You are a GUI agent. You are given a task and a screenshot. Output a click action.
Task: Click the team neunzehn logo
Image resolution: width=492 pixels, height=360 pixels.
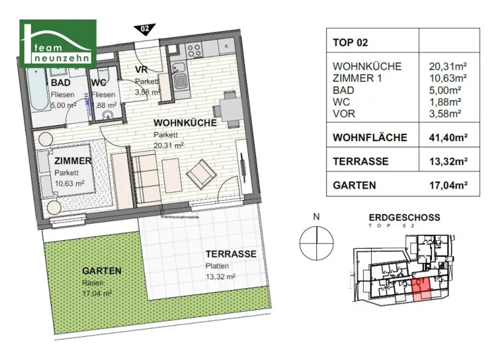(58, 43)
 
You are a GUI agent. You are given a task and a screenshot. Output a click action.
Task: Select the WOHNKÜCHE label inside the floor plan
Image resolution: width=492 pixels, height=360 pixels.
(185, 123)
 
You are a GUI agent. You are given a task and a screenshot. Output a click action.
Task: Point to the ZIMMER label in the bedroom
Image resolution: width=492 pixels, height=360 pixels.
(73, 161)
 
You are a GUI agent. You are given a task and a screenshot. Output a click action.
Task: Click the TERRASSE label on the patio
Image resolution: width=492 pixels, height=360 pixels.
(231, 254)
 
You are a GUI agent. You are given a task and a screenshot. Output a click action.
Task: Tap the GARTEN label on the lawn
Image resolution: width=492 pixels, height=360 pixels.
(101, 271)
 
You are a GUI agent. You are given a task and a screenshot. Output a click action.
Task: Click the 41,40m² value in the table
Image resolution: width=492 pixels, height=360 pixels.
(449, 137)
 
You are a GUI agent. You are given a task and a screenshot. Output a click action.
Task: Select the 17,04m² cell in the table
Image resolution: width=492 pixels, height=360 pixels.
(449, 185)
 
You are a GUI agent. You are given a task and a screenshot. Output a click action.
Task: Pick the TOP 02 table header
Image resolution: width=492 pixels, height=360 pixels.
(350, 42)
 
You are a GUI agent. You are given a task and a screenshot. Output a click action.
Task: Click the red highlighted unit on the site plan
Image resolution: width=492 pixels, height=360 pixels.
(421, 290)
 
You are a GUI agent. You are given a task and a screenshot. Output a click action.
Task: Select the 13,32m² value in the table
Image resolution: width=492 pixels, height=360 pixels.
(449, 161)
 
